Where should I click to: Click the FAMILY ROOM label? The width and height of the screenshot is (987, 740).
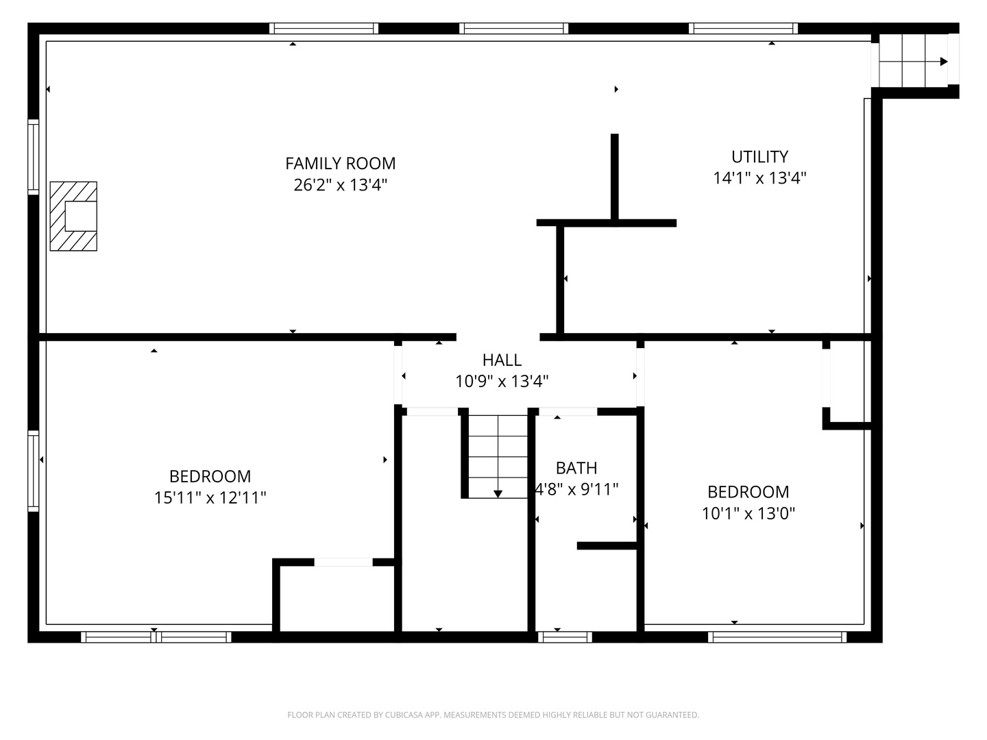click(x=340, y=164)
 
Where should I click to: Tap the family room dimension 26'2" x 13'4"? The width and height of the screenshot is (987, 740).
click(x=340, y=185)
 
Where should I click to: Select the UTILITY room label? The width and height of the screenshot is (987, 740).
click(x=759, y=157)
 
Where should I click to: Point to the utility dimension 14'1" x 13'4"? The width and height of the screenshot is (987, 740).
click(x=759, y=178)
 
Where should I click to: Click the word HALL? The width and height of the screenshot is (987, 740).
click(x=502, y=360)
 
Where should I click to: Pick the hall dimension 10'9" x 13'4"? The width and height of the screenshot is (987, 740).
click(x=502, y=382)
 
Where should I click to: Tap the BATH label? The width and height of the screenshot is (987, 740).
click(x=576, y=468)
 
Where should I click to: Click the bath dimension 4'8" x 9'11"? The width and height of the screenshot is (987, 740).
click(x=577, y=489)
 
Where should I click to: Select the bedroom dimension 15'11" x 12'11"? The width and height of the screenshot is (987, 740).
click(x=210, y=497)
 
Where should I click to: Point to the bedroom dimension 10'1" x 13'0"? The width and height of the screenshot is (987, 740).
click(x=748, y=513)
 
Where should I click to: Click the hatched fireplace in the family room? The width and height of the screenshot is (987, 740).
click(x=73, y=217)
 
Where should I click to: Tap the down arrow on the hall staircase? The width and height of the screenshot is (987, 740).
click(x=498, y=493)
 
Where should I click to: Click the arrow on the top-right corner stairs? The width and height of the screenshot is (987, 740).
click(x=944, y=62)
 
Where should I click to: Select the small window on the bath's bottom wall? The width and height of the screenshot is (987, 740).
click(x=564, y=637)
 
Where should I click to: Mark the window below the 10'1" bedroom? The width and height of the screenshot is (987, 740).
click(x=777, y=637)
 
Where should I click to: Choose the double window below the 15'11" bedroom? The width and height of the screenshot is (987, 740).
click(x=156, y=637)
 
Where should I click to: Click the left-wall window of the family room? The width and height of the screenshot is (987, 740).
click(x=33, y=157)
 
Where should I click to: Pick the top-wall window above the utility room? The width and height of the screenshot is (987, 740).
click(x=743, y=28)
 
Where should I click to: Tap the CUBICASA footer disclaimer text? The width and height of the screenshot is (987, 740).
click(x=493, y=715)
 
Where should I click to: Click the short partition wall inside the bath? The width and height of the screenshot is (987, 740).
click(x=607, y=546)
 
